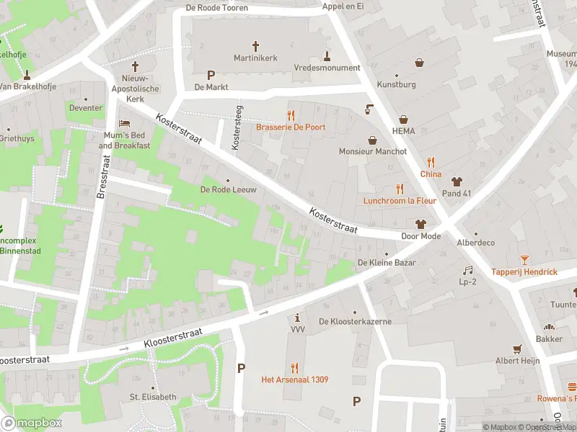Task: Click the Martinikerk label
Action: [255, 58]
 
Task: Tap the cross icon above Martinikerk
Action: [255, 45]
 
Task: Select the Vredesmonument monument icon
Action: [327, 55]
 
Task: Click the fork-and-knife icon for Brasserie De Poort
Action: [291, 114]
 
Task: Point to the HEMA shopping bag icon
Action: [404, 119]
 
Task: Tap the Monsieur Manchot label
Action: [373, 152]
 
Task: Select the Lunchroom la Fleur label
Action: [399, 201]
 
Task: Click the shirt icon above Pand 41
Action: [456, 181]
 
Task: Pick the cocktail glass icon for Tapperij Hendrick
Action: [524, 259]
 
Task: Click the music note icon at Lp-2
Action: [467, 270]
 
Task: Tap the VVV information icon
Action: [298, 318]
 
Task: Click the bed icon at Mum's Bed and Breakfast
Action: [124, 124]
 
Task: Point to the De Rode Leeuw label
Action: [228, 190]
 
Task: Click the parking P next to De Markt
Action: [211, 75]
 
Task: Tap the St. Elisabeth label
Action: [153, 397]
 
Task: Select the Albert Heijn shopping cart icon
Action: [517, 348]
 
